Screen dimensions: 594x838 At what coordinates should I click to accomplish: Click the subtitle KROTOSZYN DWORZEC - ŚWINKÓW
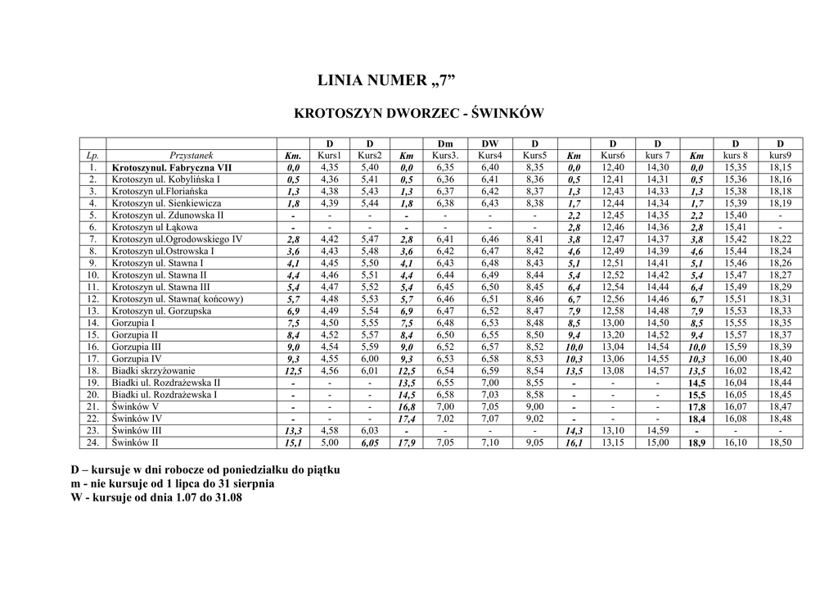(418, 113)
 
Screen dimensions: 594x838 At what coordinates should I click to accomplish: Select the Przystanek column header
(191, 155)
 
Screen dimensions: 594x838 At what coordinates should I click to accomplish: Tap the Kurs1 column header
(329, 155)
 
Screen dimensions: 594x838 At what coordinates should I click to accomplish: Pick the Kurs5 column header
(534, 155)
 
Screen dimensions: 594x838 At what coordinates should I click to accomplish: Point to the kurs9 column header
(780, 155)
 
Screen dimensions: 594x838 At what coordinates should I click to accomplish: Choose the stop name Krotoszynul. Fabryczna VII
(172, 167)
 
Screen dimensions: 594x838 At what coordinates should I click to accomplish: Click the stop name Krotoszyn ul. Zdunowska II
(168, 215)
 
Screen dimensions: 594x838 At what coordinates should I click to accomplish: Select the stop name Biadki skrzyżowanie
(154, 371)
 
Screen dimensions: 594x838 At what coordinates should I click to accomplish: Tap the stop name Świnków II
(136, 443)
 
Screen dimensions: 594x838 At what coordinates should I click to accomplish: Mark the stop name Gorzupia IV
(137, 359)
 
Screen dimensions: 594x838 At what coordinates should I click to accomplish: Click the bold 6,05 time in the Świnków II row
(369, 443)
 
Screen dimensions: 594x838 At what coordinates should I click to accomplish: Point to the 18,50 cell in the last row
(780, 443)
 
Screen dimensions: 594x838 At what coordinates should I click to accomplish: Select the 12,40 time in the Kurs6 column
(613, 167)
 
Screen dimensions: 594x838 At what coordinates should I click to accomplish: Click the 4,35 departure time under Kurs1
(329, 167)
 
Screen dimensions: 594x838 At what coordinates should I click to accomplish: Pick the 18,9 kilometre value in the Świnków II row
(697, 443)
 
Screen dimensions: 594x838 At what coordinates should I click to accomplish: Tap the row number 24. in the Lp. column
(93, 443)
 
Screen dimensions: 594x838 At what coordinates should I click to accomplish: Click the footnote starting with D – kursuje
(205, 471)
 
